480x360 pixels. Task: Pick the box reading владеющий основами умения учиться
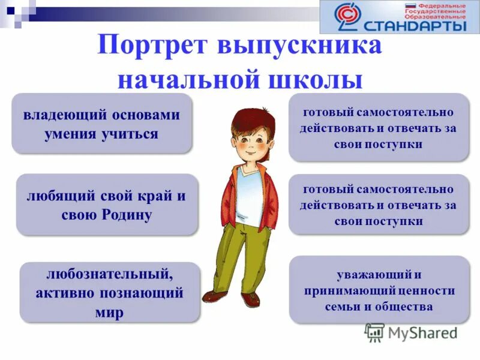click(101, 124)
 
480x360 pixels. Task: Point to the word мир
click(109, 313)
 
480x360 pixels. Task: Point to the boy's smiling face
click(250, 144)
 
